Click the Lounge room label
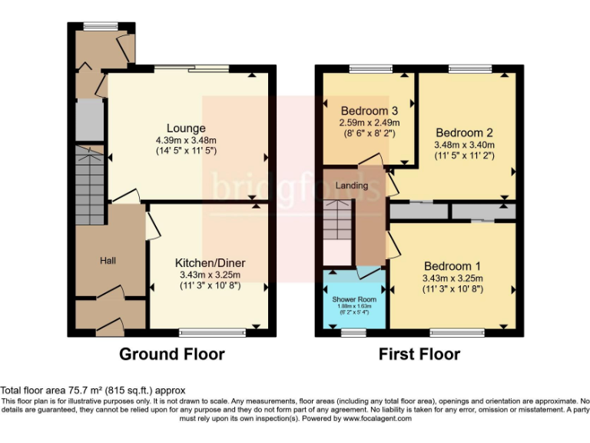[x=186, y=128]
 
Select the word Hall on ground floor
[x=108, y=261]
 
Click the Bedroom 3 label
[x=370, y=109]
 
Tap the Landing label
[x=352, y=185]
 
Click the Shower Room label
[x=353, y=298]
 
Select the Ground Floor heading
[x=171, y=355]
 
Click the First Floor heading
[x=419, y=355]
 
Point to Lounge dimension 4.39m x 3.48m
[x=186, y=140]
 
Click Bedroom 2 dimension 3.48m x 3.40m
[x=464, y=145]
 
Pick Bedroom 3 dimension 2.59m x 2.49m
[x=370, y=122]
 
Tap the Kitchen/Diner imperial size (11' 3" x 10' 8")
[x=210, y=288]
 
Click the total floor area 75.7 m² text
[x=92, y=391]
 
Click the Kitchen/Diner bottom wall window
[x=203, y=333]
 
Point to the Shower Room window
[x=353, y=333]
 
